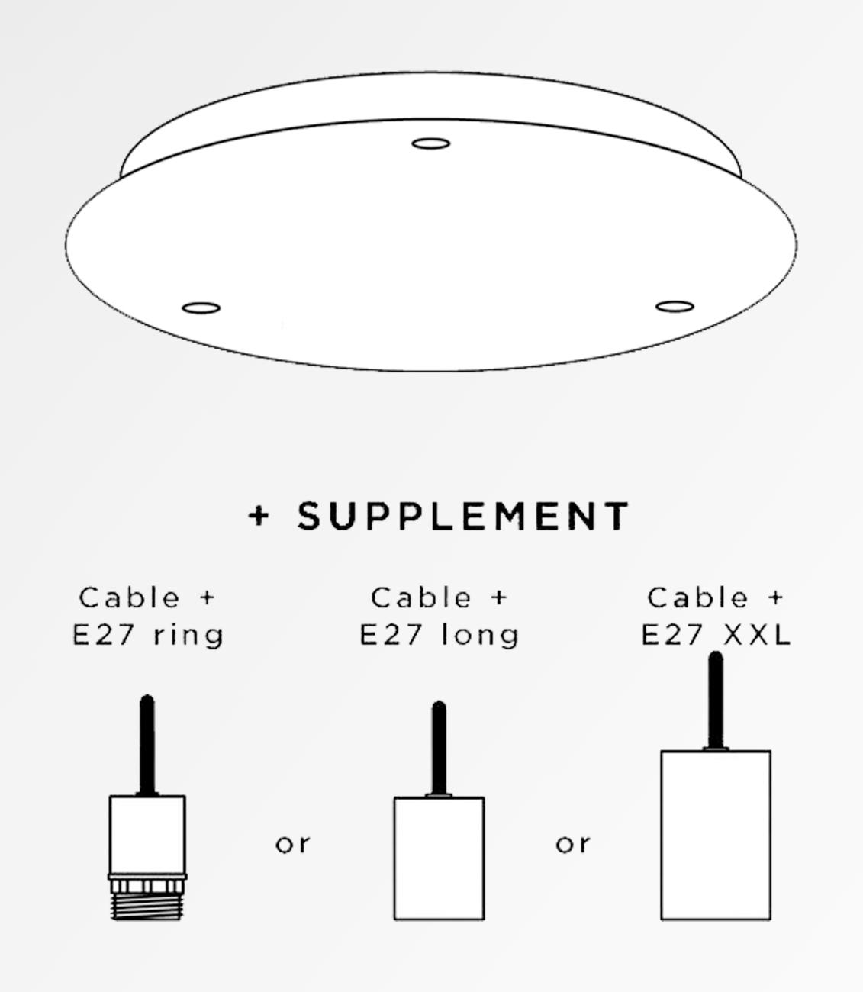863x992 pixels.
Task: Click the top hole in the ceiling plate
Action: pyautogui.click(x=430, y=143)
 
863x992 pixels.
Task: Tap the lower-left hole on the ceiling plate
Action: pyautogui.click(x=201, y=308)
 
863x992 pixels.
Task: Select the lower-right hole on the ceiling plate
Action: pyautogui.click(x=675, y=307)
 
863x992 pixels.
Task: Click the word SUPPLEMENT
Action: pyautogui.click(x=463, y=517)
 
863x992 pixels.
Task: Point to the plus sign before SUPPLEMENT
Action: pyautogui.click(x=259, y=516)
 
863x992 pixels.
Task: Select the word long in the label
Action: pyautogui.click(x=481, y=635)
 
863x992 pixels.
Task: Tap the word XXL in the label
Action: pyautogui.click(x=757, y=635)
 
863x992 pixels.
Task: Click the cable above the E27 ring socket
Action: pyautogui.click(x=147, y=744)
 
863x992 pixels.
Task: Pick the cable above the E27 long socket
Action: pyautogui.click(x=439, y=748)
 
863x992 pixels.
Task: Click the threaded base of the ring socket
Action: pyautogui.click(x=147, y=907)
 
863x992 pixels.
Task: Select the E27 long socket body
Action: pyautogui.click(x=439, y=858)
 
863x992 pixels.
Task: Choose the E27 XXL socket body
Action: pyautogui.click(x=715, y=835)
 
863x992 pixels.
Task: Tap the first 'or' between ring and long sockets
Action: pyautogui.click(x=293, y=844)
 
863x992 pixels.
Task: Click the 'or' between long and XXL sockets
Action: pyautogui.click(x=573, y=844)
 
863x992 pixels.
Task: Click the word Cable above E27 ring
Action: pyautogui.click(x=130, y=597)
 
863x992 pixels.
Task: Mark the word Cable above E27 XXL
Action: pyautogui.click(x=698, y=597)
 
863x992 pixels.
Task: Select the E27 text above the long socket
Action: pyautogui.click(x=390, y=635)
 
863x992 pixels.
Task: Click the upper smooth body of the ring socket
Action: pyautogui.click(x=147, y=834)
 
